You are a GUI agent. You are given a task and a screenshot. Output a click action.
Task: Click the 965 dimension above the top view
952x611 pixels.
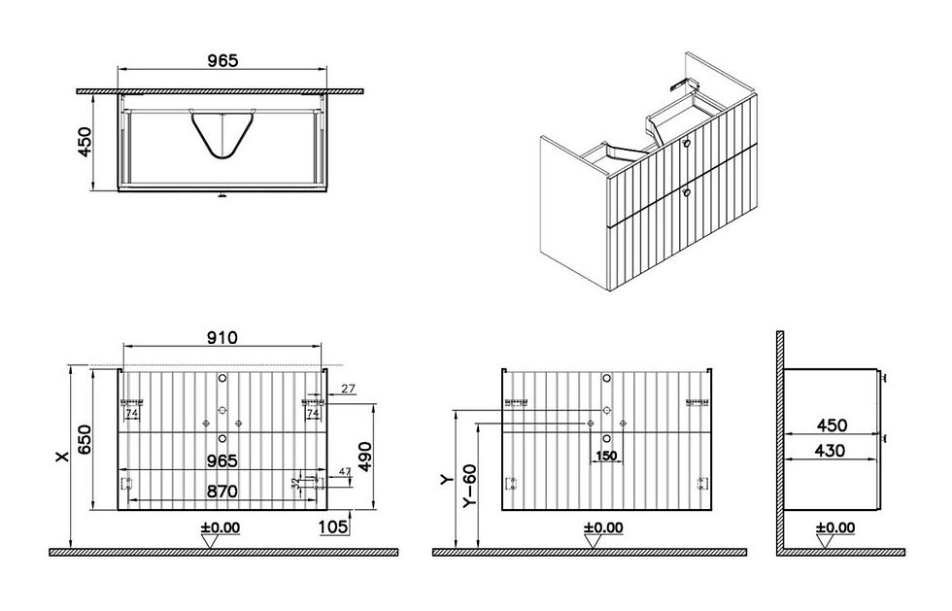coord(222,60)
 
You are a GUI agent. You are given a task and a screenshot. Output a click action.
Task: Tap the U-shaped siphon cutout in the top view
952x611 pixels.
coord(222,134)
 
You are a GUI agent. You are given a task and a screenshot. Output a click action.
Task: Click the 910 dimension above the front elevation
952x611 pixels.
coord(222,338)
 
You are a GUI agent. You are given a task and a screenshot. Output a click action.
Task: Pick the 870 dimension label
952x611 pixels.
coord(222,492)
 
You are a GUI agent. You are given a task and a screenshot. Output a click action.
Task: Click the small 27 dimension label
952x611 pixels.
coord(349,389)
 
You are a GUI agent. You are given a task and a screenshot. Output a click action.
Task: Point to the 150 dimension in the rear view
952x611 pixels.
coord(606,456)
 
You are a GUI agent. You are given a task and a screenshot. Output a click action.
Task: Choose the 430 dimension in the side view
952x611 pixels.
coord(832,450)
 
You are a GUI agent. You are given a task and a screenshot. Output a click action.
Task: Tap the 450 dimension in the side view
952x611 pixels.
coord(832,425)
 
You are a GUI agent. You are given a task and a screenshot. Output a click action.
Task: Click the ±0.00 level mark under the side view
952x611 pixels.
coord(834,527)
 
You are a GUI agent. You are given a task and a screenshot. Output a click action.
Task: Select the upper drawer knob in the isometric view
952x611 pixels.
coord(687,143)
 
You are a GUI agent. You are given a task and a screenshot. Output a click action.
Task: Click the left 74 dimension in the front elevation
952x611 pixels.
coord(130,415)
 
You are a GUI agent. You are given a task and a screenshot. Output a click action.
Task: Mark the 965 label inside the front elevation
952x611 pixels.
coord(222,460)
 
